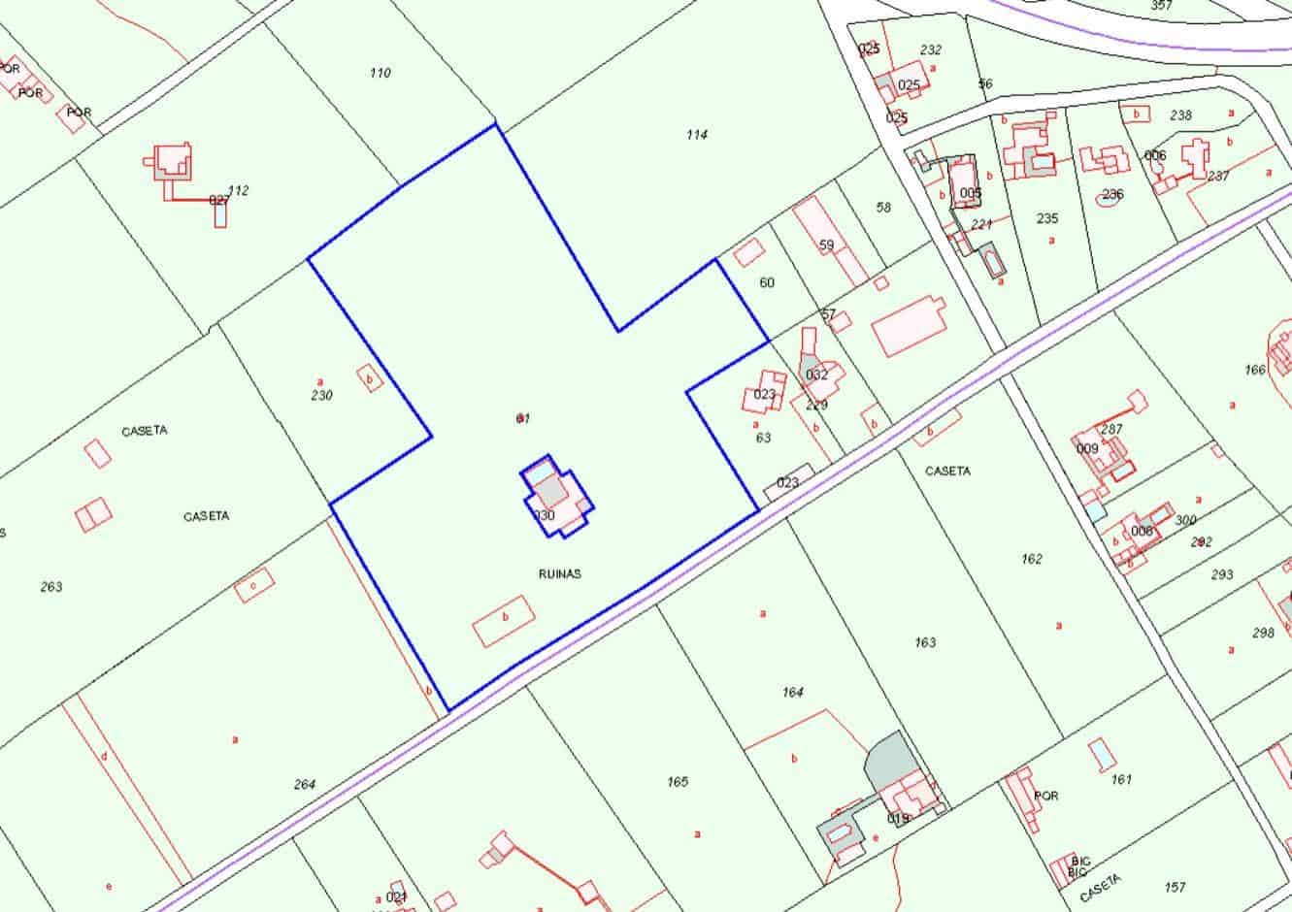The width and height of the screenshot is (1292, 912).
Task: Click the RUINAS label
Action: click(x=559, y=573)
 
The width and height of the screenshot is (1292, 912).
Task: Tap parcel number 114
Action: click(x=696, y=135)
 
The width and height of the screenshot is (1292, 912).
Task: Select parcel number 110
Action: click(x=380, y=73)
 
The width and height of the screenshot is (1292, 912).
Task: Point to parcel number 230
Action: click(x=321, y=395)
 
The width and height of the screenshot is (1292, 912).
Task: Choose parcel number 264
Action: click(x=305, y=784)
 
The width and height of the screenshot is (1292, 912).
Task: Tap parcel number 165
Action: click(x=678, y=781)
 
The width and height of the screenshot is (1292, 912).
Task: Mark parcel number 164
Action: click(x=792, y=692)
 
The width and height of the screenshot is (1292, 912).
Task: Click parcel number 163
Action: click(x=925, y=641)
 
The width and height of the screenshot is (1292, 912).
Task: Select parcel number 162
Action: click(x=1032, y=559)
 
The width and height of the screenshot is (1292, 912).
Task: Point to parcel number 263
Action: click(x=51, y=586)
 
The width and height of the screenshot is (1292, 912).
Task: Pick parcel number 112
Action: click(x=238, y=190)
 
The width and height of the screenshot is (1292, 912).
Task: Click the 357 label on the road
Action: click(x=1161, y=5)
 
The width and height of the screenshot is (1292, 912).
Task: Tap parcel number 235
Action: click(x=1046, y=218)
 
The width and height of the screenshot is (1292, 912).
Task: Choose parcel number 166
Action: click(x=1255, y=370)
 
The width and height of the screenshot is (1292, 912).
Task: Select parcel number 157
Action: click(x=1175, y=887)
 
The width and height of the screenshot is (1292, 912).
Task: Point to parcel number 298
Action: click(x=1263, y=633)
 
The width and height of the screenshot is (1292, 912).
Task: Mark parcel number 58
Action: click(x=882, y=207)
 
